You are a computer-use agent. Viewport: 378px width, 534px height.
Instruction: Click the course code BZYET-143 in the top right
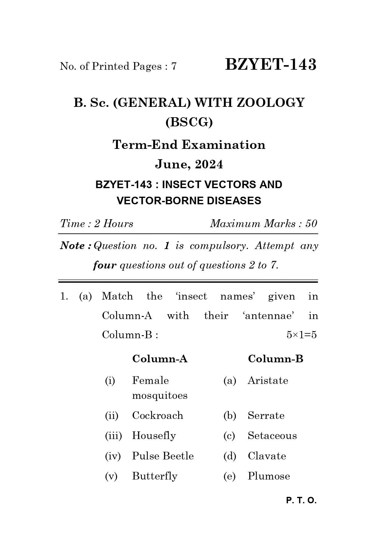[270, 65]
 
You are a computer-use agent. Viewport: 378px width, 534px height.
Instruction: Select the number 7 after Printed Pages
[174, 66]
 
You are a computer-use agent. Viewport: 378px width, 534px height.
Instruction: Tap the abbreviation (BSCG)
[189, 122]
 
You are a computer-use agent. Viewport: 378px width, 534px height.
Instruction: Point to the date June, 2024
[189, 164]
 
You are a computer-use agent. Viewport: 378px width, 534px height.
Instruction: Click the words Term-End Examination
[189, 145]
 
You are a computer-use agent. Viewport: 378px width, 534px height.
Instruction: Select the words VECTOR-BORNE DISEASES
[189, 201]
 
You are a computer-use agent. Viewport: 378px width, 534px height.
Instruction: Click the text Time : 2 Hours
[97, 224]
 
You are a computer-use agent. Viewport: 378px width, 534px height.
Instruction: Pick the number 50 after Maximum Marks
[311, 224]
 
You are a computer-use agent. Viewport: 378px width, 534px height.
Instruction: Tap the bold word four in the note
[104, 265]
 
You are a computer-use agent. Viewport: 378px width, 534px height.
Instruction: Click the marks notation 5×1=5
[301, 335]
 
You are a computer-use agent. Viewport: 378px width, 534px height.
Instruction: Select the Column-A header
[160, 359]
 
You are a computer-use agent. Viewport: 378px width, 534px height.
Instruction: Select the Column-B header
[275, 359]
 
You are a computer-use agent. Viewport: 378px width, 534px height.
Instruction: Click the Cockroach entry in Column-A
[157, 416]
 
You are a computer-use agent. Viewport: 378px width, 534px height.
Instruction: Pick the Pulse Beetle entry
[163, 456]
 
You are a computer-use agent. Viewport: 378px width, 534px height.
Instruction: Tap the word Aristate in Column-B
[267, 381]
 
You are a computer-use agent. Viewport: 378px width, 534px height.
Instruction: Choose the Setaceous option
[272, 436]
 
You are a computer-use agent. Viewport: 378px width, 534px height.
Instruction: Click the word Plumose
[269, 476]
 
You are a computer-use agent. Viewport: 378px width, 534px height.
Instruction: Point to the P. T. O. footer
[301, 501]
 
